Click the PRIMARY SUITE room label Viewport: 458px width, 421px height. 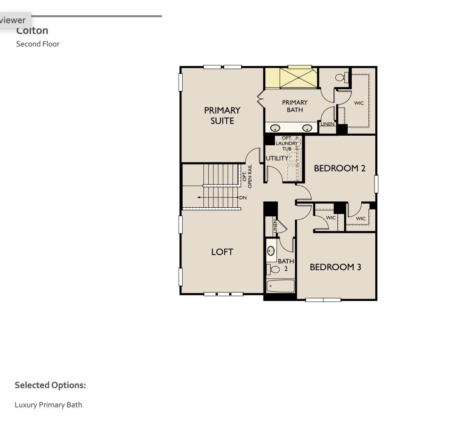(x=222, y=115)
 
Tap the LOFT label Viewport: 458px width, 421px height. (x=222, y=252)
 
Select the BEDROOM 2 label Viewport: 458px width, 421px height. (x=340, y=168)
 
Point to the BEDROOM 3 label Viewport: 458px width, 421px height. (x=335, y=267)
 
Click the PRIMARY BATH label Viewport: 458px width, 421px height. (x=295, y=106)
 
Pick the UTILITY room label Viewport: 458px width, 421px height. (x=277, y=158)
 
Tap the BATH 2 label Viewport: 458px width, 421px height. (x=286, y=265)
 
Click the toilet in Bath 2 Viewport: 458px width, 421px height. (x=274, y=269)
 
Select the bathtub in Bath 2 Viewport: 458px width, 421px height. (x=281, y=286)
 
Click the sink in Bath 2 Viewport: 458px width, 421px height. (x=271, y=251)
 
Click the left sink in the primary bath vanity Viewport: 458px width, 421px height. (x=275, y=128)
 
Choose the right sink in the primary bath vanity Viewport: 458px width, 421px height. (x=307, y=128)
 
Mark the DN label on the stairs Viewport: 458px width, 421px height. (x=243, y=198)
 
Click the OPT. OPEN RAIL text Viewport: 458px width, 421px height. (x=247, y=176)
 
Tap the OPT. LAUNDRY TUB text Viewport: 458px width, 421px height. (x=287, y=143)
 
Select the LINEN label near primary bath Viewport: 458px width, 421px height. (x=327, y=124)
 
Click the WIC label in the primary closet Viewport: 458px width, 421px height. (x=359, y=103)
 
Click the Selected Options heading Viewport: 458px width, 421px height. (x=50, y=385)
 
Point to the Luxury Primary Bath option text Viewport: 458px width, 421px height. (x=48, y=405)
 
